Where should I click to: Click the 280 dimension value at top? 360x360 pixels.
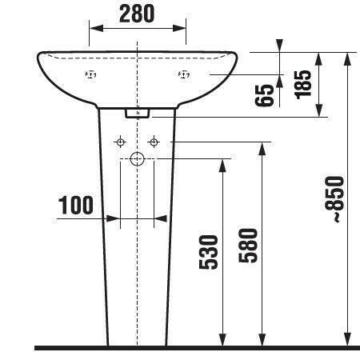tap(137, 14)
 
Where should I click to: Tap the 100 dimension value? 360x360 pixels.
tap(76, 205)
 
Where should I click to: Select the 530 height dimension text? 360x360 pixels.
tap(209, 252)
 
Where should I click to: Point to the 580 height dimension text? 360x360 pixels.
tap(248, 246)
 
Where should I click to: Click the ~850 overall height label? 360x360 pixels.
tap(334, 199)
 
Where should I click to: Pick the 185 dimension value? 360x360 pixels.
tap(302, 85)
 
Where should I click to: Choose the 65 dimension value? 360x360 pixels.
tap(264, 95)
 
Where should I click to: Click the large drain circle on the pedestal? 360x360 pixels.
tap(137, 159)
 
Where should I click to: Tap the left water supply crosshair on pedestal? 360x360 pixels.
tap(120, 142)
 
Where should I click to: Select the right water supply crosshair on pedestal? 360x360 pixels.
tap(154, 142)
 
